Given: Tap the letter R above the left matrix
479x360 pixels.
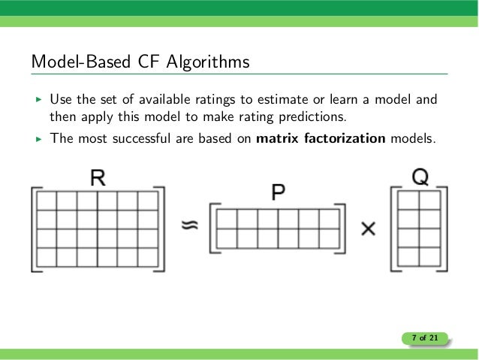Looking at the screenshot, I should click(96, 178).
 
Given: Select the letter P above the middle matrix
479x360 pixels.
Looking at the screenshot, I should click(278, 193).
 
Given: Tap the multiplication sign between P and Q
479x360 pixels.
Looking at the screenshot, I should click(368, 228).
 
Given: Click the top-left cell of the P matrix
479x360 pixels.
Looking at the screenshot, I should click(226, 219).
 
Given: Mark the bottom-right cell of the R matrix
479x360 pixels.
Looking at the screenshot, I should click(148, 257).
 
